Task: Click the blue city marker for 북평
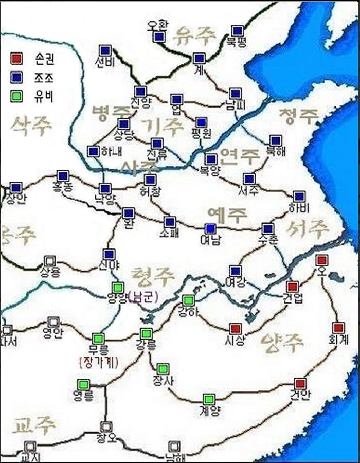coord(237,31)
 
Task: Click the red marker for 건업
coord(292,287)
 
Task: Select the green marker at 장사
coord(163,369)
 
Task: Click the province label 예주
coord(227,213)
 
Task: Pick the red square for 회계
coord(338,328)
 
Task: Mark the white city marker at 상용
coord(49,261)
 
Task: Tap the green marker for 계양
coord(208,399)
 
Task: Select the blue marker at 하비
coord(299,197)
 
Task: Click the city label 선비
coord(103,63)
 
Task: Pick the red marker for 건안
coord(300,384)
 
